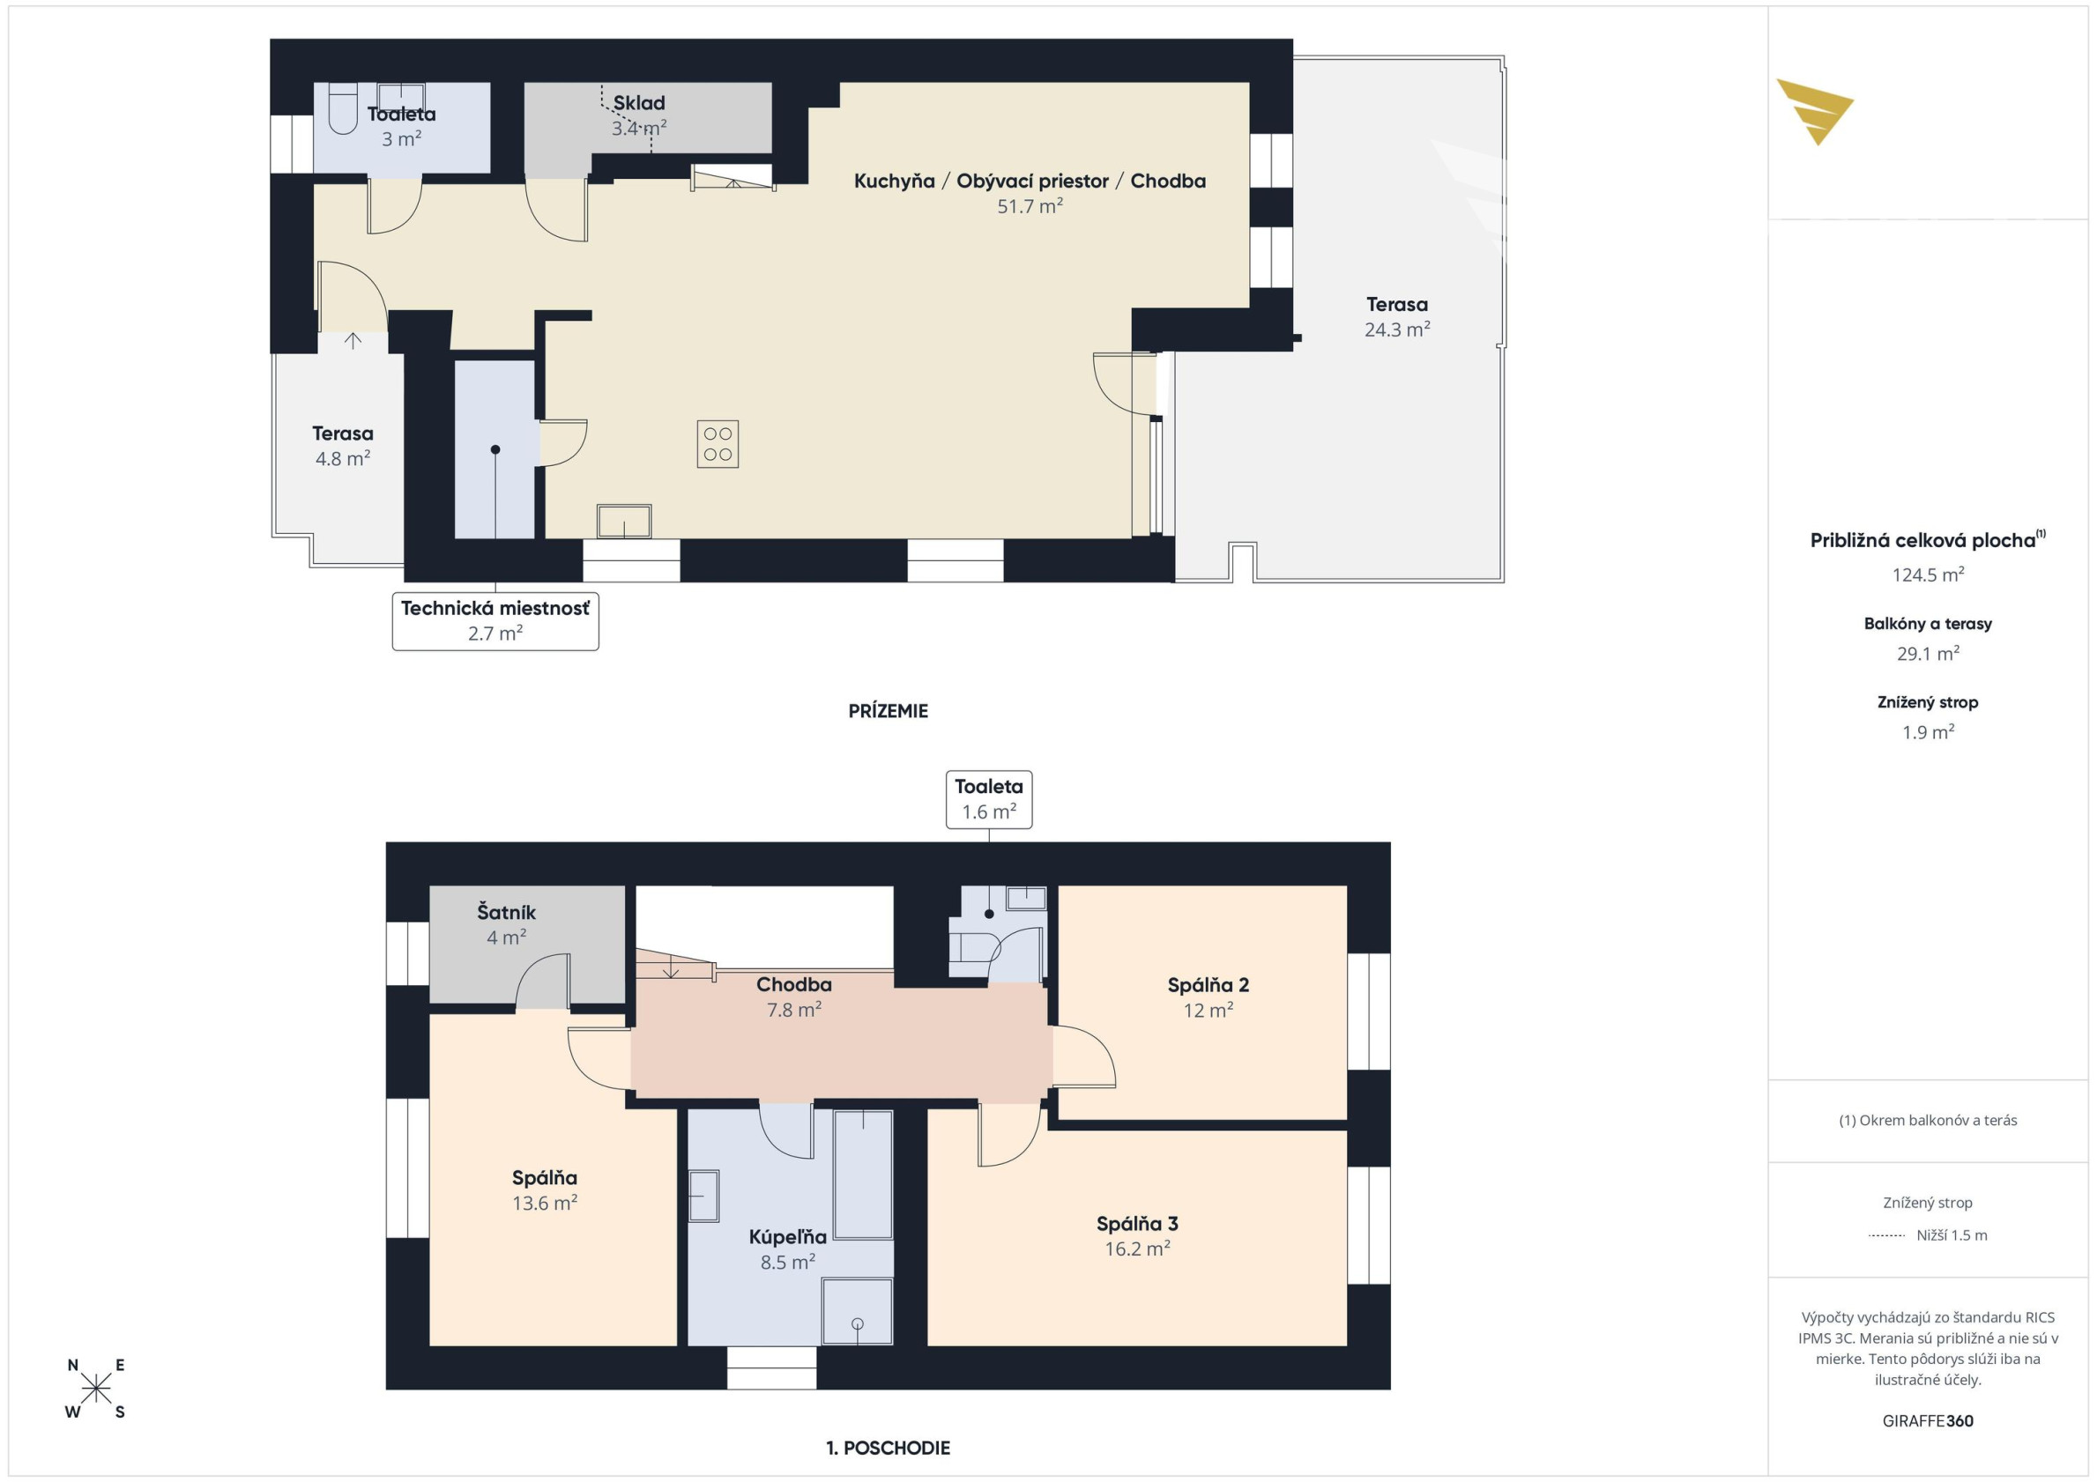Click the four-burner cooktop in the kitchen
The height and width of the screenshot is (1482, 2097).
tap(717, 444)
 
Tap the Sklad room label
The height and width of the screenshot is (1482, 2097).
tap(638, 103)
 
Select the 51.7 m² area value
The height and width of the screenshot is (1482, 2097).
tap(1030, 206)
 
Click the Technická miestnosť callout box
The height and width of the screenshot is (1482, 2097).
tap(495, 621)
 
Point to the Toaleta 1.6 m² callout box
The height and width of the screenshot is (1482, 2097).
tap(988, 799)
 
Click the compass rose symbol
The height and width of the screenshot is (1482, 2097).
tap(96, 1389)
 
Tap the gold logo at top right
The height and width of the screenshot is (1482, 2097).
tap(1814, 111)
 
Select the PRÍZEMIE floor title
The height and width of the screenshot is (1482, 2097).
tap(888, 710)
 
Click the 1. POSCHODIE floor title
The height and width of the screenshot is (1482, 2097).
tap(888, 1448)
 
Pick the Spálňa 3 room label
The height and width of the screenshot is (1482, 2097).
tap(1137, 1224)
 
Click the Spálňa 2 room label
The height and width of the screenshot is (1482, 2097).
tap(1208, 984)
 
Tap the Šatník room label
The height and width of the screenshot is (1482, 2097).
tap(506, 911)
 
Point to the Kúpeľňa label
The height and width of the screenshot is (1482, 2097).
tap(787, 1236)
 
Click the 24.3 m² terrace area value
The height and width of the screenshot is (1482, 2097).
tap(1396, 330)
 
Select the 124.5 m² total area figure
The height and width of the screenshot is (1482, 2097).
tap(1927, 574)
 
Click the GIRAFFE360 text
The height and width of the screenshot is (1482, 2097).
tap(1927, 1421)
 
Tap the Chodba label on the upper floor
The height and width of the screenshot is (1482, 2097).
tap(793, 984)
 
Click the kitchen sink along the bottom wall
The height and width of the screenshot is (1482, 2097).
tap(624, 521)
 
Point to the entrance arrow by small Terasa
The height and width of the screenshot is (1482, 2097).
tap(353, 341)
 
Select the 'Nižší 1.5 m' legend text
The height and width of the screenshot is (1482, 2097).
tap(1952, 1235)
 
